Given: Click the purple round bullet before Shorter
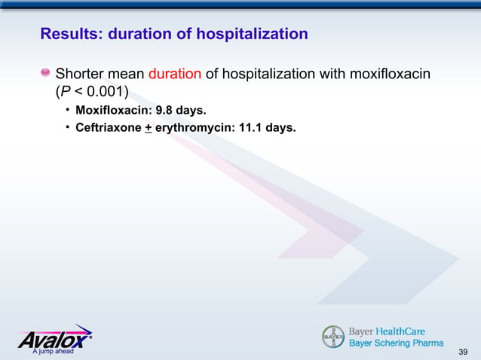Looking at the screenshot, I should (x=45, y=74).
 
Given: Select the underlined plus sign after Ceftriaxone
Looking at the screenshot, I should (x=149, y=128).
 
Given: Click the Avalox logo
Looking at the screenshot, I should (x=54, y=337).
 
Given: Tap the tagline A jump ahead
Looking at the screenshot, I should (x=47, y=352).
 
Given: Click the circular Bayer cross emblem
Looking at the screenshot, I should (x=333, y=337).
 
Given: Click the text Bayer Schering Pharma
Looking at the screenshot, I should (x=396, y=343).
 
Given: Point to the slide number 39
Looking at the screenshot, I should (x=463, y=352).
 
